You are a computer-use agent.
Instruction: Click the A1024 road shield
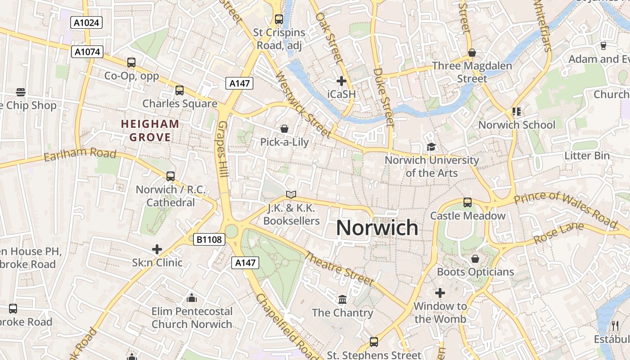coord(86,22)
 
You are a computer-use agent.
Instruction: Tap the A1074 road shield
coord(87,52)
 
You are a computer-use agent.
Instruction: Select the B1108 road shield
coord(209,239)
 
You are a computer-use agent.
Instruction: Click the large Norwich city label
coord(377,228)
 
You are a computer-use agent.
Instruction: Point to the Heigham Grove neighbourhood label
coord(150,130)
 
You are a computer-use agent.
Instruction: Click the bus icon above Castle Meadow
coord(468,202)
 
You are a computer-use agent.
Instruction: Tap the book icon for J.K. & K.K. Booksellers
coord(291,195)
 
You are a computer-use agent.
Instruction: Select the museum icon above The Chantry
coord(342,299)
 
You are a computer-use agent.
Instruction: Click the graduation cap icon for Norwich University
coord(431,147)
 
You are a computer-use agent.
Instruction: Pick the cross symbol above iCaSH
coord(341,81)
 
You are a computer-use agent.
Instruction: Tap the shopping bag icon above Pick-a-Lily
coord(284,129)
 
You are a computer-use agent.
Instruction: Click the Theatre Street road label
coord(339,269)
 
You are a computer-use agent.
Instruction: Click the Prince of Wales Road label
coord(566,208)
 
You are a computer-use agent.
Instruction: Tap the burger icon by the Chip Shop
coord(21,92)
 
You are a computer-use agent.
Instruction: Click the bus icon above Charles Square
coord(180,90)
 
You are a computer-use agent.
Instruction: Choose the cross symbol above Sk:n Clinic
coord(157,249)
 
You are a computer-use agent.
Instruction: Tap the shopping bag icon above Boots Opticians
coord(475,259)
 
